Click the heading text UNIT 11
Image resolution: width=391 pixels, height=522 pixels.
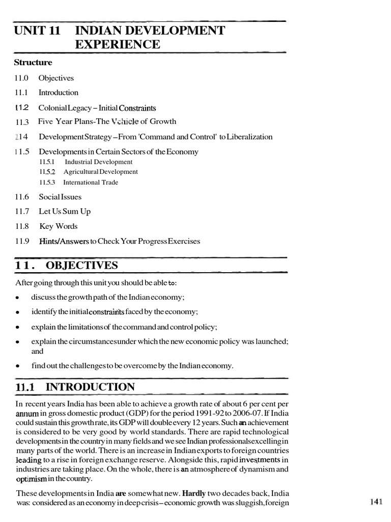pyautogui.click(x=37, y=31)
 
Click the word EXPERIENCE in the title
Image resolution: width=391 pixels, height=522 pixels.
pyautogui.click(x=118, y=45)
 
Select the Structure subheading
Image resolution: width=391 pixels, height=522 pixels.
pyautogui.click(x=33, y=63)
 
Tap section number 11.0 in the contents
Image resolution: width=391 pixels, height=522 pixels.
pyautogui.click(x=22, y=79)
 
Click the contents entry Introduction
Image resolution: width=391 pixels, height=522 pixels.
pyautogui.click(x=59, y=93)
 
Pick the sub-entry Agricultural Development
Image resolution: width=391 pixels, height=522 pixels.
pyautogui.click(x=101, y=172)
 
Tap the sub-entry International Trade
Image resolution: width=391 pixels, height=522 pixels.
pyautogui.click(x=91, y=182)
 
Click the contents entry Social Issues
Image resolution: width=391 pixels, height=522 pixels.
pyautogui.click(x=60, y=197)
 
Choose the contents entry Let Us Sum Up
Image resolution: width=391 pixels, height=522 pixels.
pyautogui.click(x=65, y=212)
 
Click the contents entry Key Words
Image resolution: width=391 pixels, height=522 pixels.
pyautogui.click(x=59, y=226)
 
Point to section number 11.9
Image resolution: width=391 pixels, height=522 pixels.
pyautogui.click(x=22, y=241)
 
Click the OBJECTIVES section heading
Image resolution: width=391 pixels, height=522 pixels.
pyautogui.click(x=82, y=266)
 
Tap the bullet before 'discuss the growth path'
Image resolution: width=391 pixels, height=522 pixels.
pyautogui.click(x=18, y=298)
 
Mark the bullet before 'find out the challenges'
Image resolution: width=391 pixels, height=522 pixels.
pyautogui.click(x=18, y=366)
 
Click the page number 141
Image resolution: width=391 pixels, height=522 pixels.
pyautogui.click(x=376, y=502)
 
